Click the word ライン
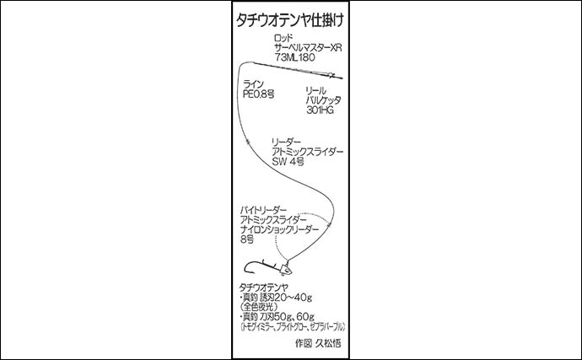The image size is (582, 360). pyautogui.click(x=253, y=84)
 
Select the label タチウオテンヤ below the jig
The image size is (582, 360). pyautogui.click(x=267, y=287)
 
